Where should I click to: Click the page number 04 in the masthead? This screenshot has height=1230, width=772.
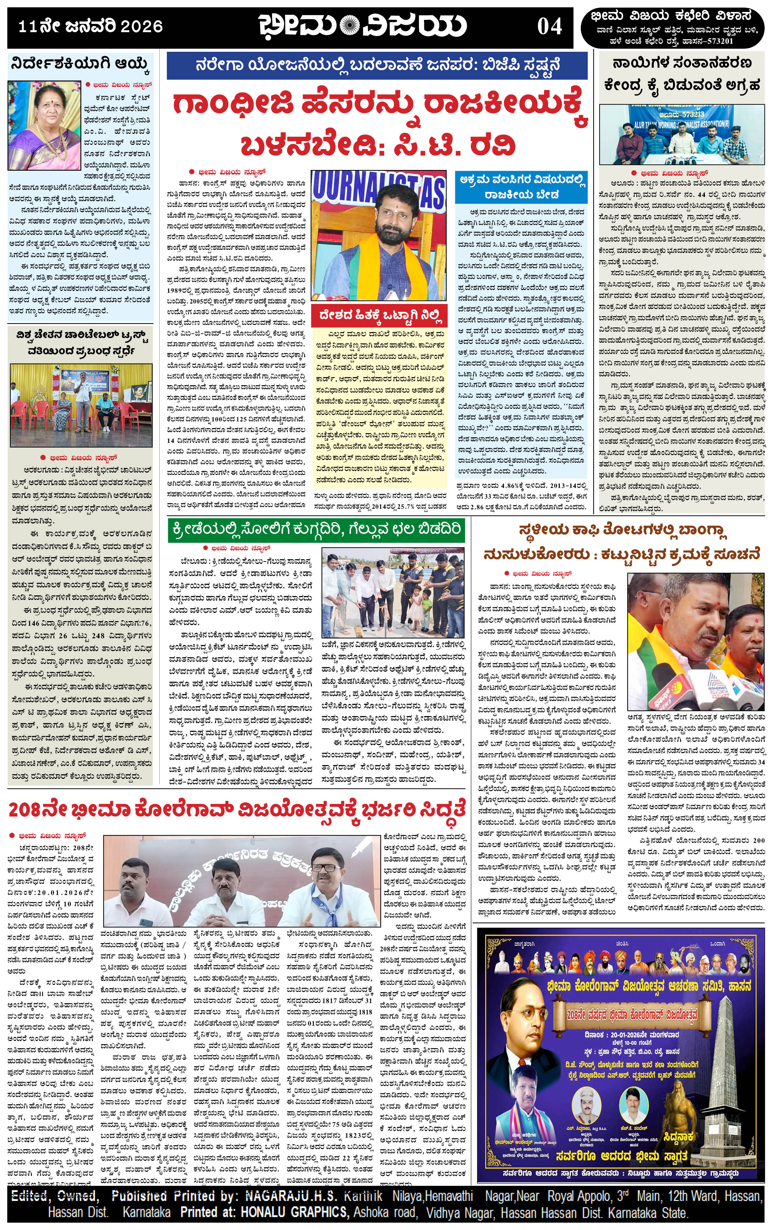click(549, 27)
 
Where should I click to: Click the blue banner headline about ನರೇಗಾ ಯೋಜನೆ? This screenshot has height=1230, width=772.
click(378, 65)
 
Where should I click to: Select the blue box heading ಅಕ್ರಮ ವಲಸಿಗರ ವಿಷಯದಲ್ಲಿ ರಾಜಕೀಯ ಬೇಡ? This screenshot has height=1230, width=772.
click(521, 187)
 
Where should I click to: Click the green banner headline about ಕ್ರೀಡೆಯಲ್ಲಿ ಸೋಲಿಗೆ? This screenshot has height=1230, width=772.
click(316, 530)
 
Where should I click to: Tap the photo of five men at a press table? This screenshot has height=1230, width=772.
click(682, 135)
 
